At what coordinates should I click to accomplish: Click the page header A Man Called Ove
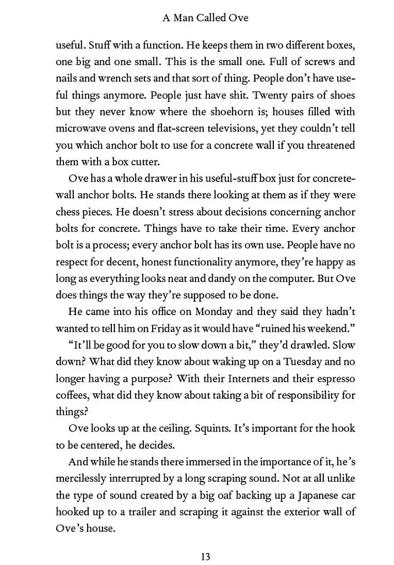pyautogui.click(x=205, y=18)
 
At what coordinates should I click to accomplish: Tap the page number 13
pyautogui.click(x=205, y=556)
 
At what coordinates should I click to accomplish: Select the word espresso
pyautogui.click(x=334, y=379)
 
